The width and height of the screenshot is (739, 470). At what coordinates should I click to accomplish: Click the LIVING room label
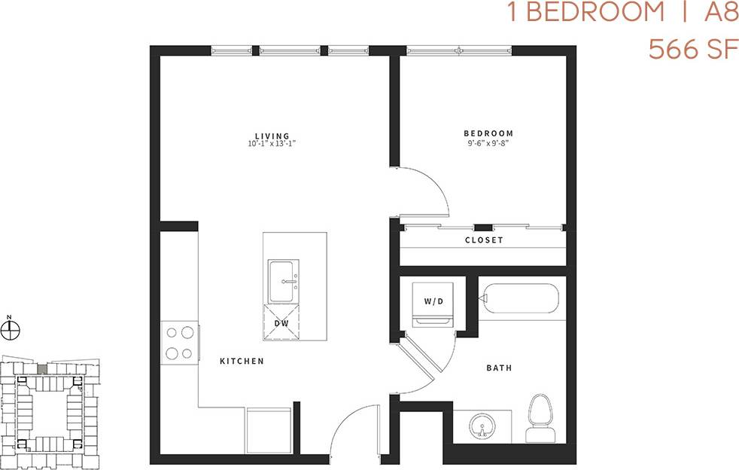(272, 136)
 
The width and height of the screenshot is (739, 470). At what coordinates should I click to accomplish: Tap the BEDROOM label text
(488, 133)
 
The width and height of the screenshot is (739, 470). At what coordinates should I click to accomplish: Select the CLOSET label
(484, 240)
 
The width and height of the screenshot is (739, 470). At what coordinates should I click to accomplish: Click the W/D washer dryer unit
(433, 303)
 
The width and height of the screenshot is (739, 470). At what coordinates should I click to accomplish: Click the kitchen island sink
(284, 282)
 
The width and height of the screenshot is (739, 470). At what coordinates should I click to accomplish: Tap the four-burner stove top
(180, 343)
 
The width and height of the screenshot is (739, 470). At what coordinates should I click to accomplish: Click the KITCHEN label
(242, 362)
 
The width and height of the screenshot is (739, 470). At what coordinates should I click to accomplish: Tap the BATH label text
(499, 368)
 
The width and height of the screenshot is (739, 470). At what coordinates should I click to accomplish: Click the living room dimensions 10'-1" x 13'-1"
(272, 143)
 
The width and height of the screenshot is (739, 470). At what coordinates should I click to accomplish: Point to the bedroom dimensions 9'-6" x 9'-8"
(488, 142)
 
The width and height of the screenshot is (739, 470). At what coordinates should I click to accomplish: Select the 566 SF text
(688, 50)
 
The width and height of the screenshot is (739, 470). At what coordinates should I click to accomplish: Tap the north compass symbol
(10, 330)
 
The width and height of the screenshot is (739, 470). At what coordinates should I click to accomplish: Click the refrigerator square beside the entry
(269, 430)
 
